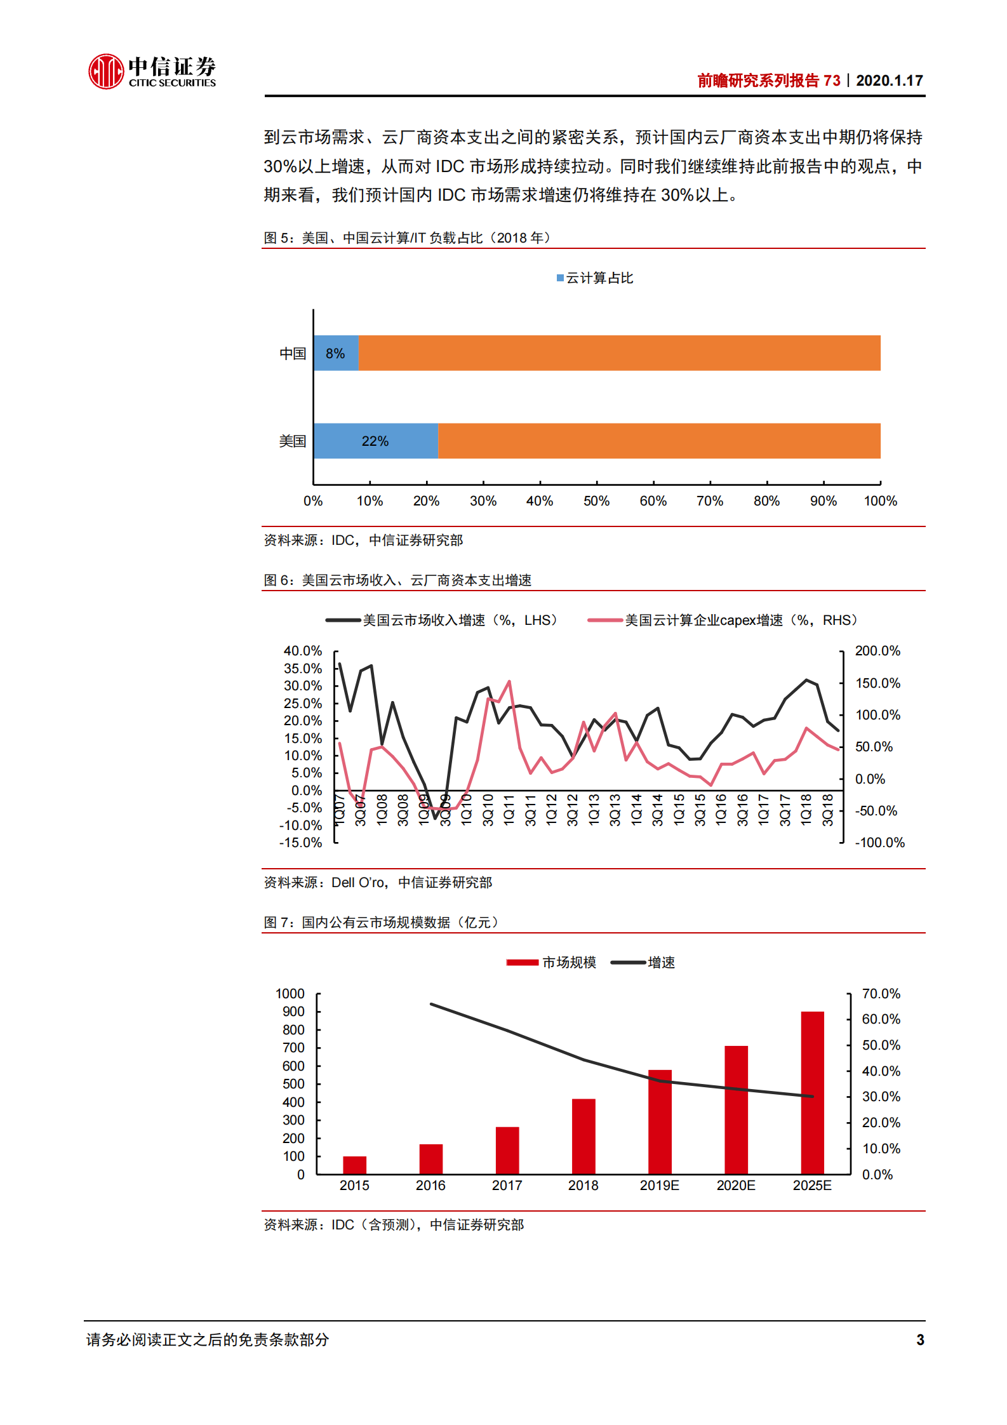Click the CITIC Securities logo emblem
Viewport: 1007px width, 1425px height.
(105, 71)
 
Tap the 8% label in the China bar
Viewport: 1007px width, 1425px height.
(335, 354)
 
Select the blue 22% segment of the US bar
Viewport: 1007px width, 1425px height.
(375, 441)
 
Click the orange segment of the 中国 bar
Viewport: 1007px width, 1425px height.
(619, 353)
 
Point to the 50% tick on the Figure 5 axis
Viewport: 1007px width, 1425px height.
(596, 501)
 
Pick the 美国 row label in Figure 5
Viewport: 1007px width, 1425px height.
(293, 441)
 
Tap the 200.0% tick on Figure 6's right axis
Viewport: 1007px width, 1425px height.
(877, 651)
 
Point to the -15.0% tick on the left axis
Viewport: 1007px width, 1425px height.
(300, 843)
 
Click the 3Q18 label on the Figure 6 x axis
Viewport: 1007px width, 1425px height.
(828, 810)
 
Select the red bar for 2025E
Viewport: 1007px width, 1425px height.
(812, 1092)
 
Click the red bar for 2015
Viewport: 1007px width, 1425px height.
(354, 1165)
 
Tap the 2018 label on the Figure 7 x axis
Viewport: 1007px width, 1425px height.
(583, 1186)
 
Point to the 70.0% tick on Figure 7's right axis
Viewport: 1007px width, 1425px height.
(881, 994)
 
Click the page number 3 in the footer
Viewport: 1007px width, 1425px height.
(920, 1339)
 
